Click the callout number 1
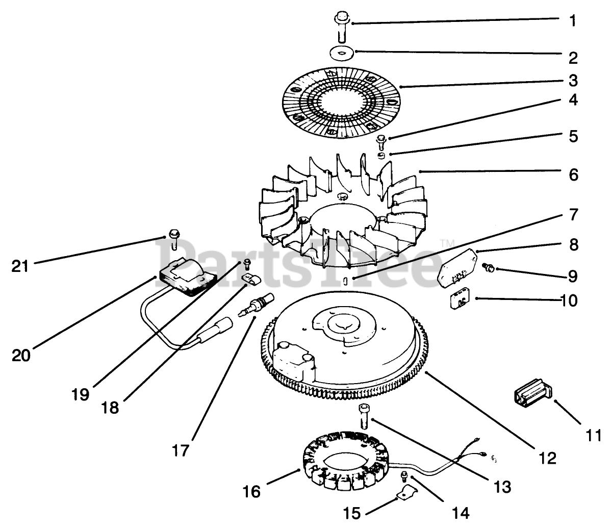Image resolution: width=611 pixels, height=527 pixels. click(572, 20)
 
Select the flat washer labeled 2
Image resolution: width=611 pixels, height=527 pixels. click(342, 53)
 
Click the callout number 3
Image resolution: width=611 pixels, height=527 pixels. click(573, 81)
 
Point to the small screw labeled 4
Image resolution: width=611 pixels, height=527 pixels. click(380, 142)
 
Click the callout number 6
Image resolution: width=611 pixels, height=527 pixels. click(573, 175)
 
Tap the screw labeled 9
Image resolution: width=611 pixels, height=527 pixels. click(489, 267)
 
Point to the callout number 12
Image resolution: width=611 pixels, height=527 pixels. click(547, 459)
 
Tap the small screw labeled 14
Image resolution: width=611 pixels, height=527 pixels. click(404, 476)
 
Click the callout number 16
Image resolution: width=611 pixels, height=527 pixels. click(251, 491)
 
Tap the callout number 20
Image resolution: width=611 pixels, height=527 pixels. click(21, 356)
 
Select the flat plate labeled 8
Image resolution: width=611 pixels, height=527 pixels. click(458, 268)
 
